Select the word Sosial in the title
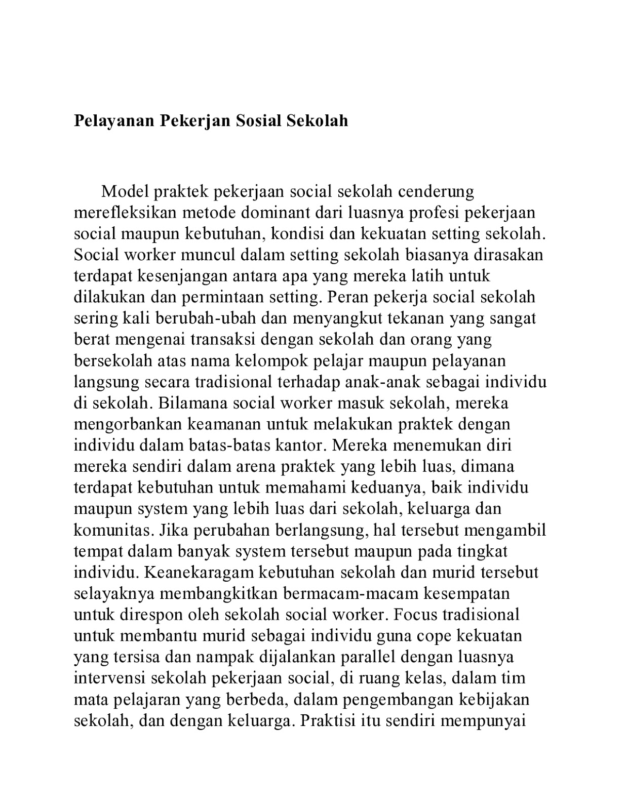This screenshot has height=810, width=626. (x=259, y=121)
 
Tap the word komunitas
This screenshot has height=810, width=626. (x=113, y=530)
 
